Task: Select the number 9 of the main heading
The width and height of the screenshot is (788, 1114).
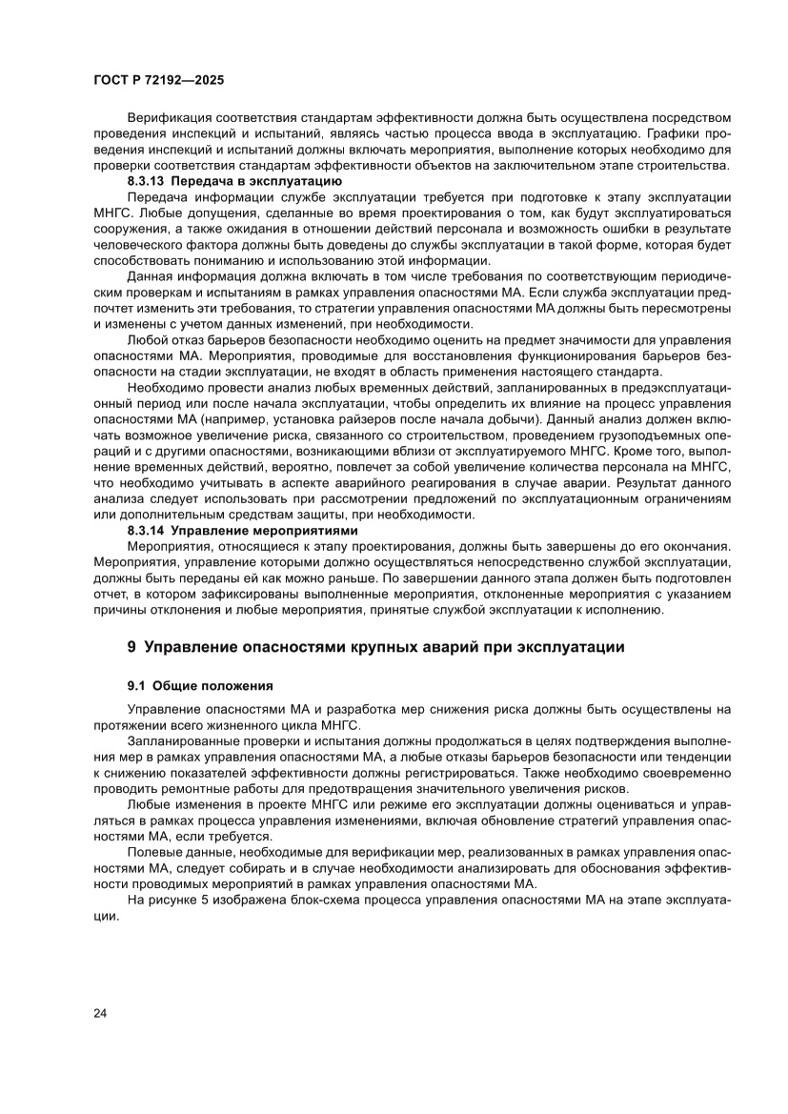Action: coord(132,647)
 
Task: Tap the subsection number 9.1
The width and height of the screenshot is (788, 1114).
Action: coord(138,684)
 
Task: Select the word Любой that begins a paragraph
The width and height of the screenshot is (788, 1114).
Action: coord(149,339)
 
